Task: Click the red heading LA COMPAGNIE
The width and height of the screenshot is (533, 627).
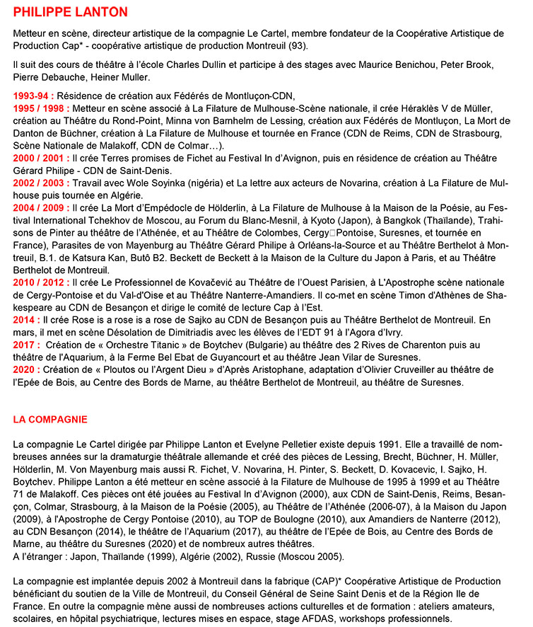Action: pyautogui.click(x=50, y=419)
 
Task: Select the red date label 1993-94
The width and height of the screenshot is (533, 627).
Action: pyautogui.click(x=33, y=95)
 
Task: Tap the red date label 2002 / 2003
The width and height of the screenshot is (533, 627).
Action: pyautogui.click(x=41, y=183)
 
